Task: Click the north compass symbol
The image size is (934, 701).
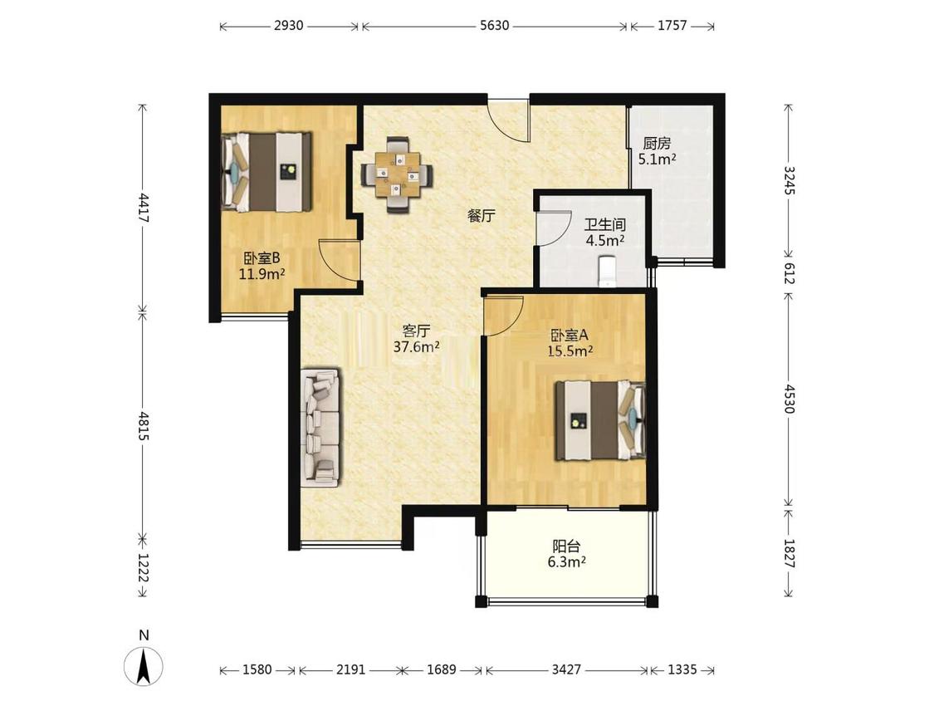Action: point(144,664)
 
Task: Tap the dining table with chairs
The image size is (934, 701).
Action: point(398,174)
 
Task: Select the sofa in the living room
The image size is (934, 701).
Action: point(320,428)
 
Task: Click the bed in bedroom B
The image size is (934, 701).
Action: point(267,172)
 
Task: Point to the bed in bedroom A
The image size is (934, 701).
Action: point(600,420)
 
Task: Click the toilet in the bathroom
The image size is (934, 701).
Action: point(606,272)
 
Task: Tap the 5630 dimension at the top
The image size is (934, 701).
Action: point(495,26)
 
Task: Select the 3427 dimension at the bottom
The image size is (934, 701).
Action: point(566,669)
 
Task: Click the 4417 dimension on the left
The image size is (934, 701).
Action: point(143,207)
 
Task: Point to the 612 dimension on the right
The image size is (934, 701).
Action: point(789,273)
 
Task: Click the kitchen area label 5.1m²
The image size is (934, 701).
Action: point(657,159)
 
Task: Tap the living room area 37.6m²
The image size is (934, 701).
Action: point(417,347)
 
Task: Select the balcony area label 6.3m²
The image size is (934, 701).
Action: point(566,561)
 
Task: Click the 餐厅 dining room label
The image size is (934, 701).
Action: point(481,216)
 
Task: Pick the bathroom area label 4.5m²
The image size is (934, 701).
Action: point(605,240)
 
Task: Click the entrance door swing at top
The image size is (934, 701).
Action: point(508,120)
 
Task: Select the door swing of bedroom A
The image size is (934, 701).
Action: point(503,316)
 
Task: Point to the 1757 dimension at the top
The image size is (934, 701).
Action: point(672,26)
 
